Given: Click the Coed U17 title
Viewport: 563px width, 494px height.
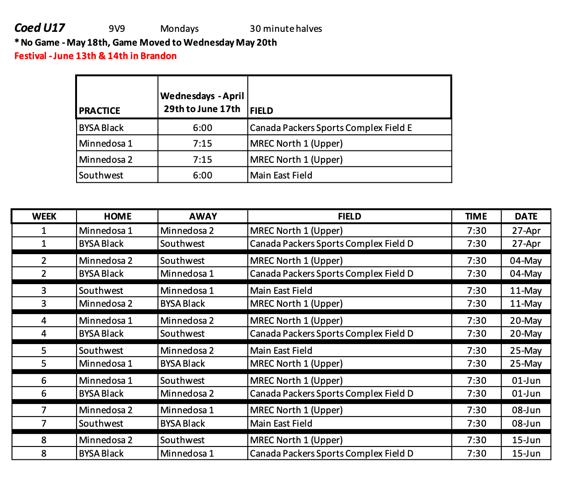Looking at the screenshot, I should [40, 28].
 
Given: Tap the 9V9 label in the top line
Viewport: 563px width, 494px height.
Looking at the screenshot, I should [117, 29].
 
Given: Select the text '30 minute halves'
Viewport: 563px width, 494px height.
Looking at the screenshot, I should [286, 29].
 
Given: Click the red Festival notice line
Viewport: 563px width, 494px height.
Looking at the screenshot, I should [95, 56].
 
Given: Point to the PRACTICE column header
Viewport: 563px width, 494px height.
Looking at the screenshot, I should [100, 111].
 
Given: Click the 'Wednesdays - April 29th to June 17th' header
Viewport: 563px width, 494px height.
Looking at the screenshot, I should [202, 102].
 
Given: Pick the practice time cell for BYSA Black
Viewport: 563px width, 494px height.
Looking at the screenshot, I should [202, 128].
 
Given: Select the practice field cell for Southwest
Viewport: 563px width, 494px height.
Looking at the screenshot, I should [281, 175].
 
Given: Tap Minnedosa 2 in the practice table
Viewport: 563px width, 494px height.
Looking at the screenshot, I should [106, 160].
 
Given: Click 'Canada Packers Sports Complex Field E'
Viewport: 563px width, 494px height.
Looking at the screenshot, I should [331, 128].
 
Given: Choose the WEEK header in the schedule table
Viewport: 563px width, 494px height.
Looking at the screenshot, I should [44, 216].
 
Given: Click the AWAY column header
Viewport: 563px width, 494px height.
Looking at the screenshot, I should [203, 216].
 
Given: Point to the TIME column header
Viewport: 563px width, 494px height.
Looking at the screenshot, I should [476, 216].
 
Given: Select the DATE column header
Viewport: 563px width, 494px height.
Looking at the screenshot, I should [526, 216].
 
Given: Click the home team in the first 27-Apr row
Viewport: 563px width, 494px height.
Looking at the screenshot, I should [106, 231].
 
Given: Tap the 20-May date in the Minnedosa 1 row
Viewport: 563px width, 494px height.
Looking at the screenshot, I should [526, 321].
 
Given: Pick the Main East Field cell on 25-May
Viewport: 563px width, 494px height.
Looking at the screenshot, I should [281, 351].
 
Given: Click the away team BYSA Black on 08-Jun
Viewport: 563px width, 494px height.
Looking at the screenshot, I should [183, 423].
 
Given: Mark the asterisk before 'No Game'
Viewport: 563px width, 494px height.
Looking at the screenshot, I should [17, 42].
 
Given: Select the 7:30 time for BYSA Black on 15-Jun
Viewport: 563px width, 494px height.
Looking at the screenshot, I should [476, 453].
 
